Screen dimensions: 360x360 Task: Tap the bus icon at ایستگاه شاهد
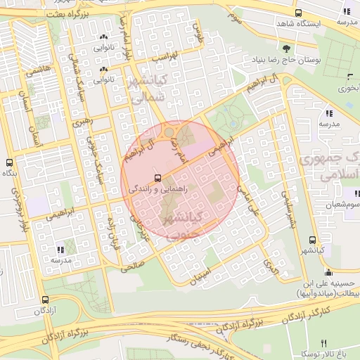coord(299,13)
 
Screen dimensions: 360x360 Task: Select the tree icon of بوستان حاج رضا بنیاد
coord(286,49)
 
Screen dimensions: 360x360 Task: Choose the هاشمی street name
coord(36,69)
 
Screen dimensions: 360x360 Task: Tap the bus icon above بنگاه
coord(9,162)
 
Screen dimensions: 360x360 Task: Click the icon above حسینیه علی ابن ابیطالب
coord(328,273)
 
